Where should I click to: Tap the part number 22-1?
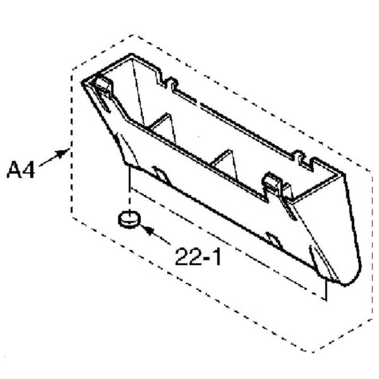tap(198, 257)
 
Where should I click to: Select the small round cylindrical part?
tap(129, 219)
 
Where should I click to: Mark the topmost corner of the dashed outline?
tap(133, 35)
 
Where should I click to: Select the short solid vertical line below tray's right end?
tap(326, 290)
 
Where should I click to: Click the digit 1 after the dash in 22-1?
tap(216, 257)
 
